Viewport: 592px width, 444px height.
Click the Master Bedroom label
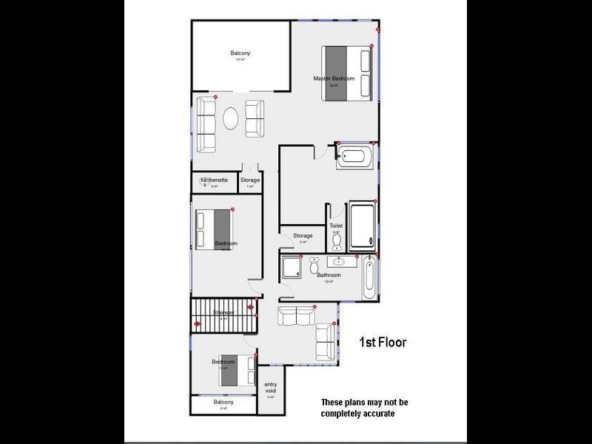[334, 78]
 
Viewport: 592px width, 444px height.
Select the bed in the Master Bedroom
[346, 73]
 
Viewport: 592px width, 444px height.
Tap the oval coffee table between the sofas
[232, 119]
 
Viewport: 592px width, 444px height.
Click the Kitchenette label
[214, 180]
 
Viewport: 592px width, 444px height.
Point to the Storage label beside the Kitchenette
[250, 180]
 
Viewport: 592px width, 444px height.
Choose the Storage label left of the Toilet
[303, 236]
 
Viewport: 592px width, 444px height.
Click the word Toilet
[336, 226]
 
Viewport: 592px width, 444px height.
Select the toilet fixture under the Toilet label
[337, 242]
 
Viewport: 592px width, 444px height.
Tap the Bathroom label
[329, 275]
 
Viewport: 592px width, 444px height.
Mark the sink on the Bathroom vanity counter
[340, 262]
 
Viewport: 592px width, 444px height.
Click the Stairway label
[223, 313]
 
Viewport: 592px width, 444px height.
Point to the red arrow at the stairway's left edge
[197, 323]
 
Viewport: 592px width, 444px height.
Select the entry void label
[271, 388]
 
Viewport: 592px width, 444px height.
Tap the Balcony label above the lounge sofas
[240, 53]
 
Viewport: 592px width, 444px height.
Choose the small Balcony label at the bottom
[223, 402]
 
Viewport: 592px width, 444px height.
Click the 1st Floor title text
[383, 343]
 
